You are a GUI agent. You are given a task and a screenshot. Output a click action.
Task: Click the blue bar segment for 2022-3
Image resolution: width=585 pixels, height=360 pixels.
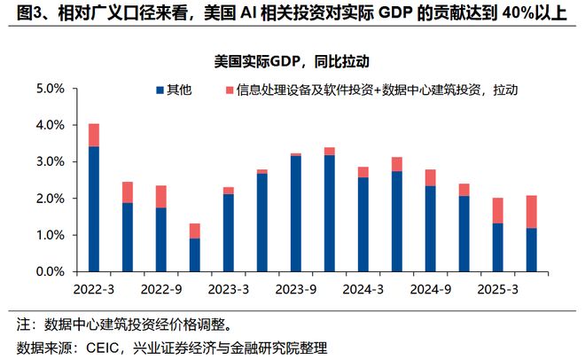pyautogui.click(x=93, y=209)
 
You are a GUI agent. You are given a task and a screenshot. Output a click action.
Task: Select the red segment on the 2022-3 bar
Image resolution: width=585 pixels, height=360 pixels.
pyautogui.click(x=93, y=135)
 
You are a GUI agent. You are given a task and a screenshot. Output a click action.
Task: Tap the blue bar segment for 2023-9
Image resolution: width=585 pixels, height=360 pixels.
pyautogui.click(x=295, y=214)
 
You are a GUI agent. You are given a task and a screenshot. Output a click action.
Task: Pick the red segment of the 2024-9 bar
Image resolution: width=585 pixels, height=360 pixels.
pyautogui.click(x=430, y=177)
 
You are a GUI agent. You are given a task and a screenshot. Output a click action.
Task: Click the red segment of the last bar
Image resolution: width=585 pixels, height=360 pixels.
pyautogui.click(x=531, y=212)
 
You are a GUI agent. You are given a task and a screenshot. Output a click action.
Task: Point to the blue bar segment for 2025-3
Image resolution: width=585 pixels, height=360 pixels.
pyautogui.click(x=497, y=247)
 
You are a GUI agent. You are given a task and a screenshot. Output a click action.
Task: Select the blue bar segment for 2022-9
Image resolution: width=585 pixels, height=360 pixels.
pyautogui.click(x=160, y=239)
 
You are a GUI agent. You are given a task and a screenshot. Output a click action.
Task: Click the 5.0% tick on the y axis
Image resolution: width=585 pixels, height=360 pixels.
pyautogui.click(x=50, y=89)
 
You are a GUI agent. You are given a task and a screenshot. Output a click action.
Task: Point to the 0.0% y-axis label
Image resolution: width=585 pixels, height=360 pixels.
pyautogui.click(x=50, y=271)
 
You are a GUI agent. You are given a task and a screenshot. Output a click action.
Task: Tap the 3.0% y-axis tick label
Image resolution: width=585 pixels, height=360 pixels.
pyautogui.click(x=50, y=161)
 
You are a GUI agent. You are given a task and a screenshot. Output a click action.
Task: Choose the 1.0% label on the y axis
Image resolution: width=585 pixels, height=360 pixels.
pyautogui.click(x=50, y=235)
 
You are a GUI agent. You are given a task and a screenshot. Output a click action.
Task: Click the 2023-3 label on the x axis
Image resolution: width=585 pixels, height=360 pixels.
pyautogui.click(x=228, y=288)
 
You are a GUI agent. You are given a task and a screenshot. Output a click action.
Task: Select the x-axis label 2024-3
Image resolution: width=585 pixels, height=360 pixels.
pyautogui.click(x=363, y=288)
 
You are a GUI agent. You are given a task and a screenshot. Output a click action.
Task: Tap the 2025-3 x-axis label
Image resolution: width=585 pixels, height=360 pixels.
pyautogui.click(x=497, y=288)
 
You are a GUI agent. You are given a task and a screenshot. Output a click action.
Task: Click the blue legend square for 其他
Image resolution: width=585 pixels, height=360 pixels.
pyautogui.click(x=160, y=90)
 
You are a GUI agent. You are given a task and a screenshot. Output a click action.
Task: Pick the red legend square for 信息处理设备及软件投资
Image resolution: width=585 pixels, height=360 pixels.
pyautogui.click(x=230, y=90)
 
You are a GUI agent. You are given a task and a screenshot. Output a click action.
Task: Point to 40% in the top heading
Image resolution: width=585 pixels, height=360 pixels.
pyautogui.click(x=508, y=15)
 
